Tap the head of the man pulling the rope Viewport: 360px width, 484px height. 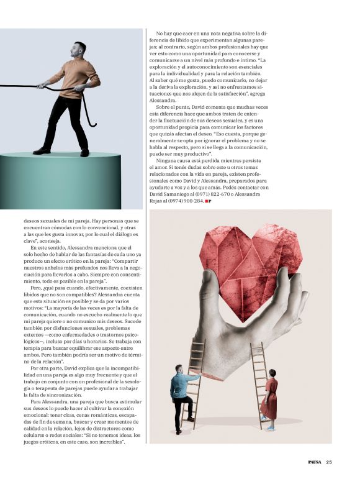coord(79,50)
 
